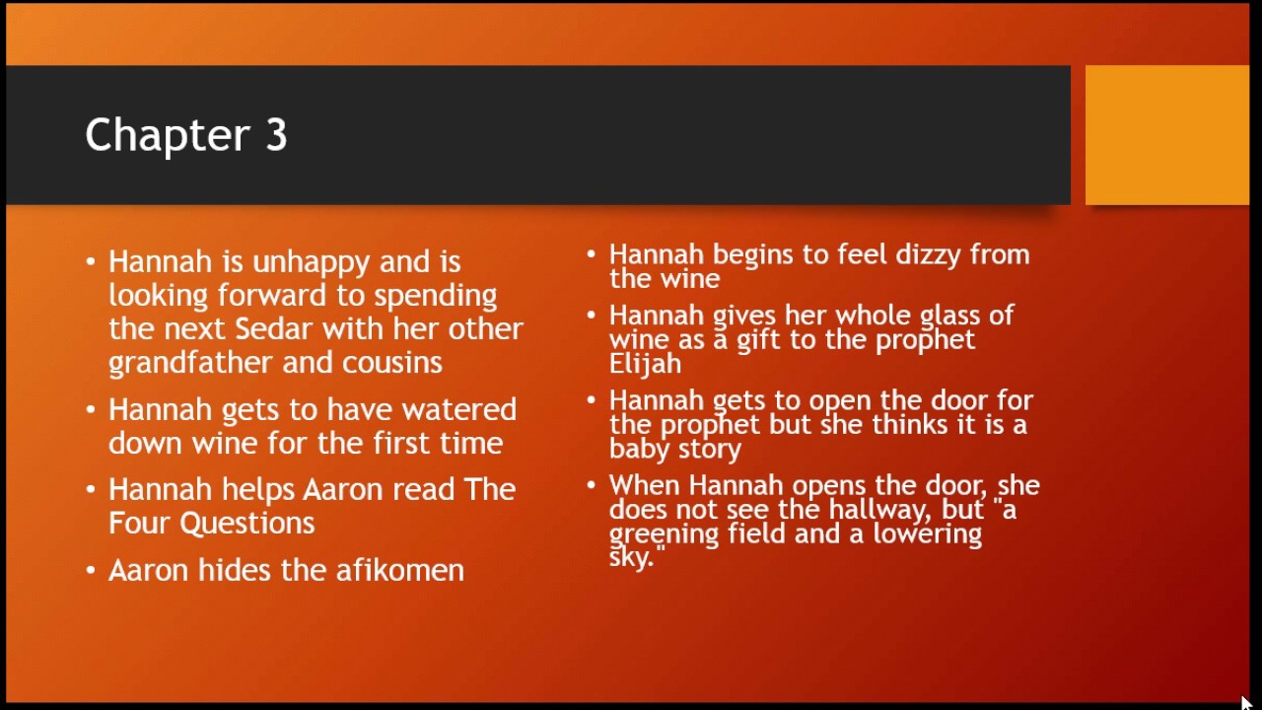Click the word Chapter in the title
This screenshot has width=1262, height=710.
coord(167,136)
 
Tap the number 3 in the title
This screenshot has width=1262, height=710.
coord(275,136)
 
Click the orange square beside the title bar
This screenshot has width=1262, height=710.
coord(1166,135)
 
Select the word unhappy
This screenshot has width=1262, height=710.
coord(311,263)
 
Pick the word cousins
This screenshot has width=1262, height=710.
coord(391,363)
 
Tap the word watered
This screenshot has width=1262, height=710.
coord(458,410)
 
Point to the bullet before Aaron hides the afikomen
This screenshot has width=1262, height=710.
coord(91,570)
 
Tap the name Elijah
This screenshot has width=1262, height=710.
coord(645,363)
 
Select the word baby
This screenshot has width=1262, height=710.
coord(638,449)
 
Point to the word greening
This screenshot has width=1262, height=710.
coord(663,534)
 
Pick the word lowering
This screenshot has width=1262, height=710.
coord(927,533)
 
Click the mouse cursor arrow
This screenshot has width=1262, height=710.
coord(1245,702)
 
